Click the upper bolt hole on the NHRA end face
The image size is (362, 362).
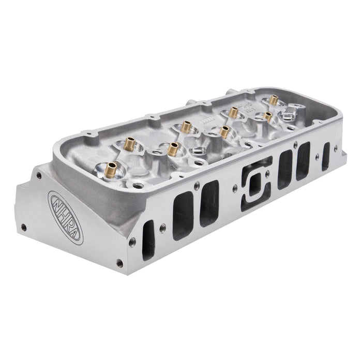click(x=39, y=176)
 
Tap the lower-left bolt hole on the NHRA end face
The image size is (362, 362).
click(x=23, y=226)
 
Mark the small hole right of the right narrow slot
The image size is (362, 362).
click(x=336, y=149)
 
